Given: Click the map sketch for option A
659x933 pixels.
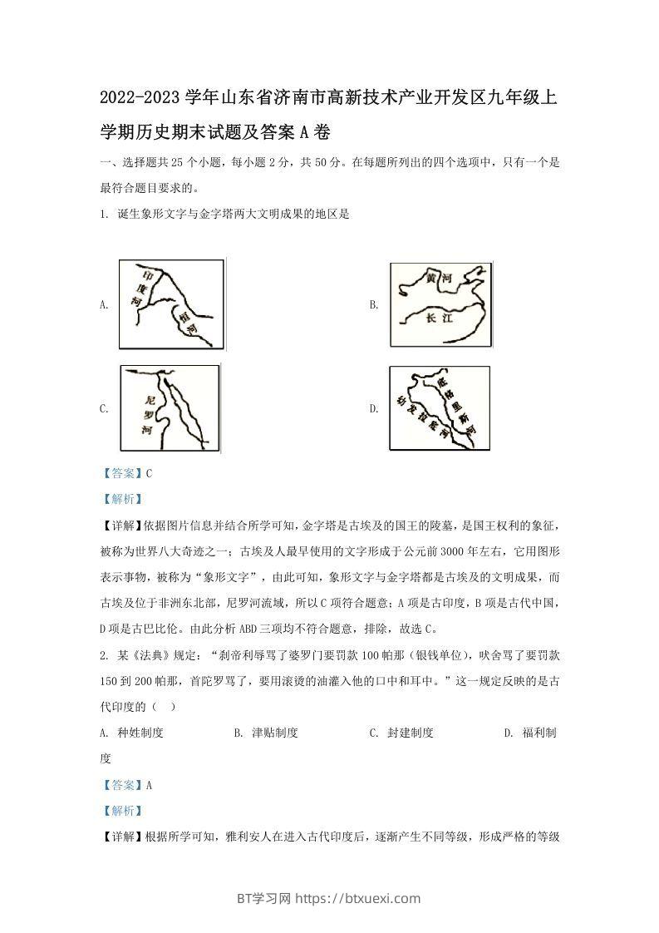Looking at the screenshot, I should click(171, 305).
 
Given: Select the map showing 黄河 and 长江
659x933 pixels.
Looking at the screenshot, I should click(440, 305).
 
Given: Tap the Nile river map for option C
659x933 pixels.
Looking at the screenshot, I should click(171, 407).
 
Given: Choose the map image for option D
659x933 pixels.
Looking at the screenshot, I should click(440, 408).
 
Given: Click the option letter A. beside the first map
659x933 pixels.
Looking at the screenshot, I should click(104, 305).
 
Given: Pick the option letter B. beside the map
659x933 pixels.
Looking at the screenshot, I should click(374, 305).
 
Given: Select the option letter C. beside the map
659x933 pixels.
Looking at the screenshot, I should click(104, 408).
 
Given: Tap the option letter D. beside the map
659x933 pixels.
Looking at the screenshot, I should click(374, 408).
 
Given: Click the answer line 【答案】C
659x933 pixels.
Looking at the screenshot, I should click(125, 473).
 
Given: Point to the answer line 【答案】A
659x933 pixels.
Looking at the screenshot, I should click(125, 784).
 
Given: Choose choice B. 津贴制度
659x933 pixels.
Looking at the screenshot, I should click(266, 733).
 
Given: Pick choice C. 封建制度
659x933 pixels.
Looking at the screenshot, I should click(401, 733).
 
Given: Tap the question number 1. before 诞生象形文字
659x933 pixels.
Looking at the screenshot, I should click(102, 214).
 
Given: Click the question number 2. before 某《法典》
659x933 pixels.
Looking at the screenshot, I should click(102, 654).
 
